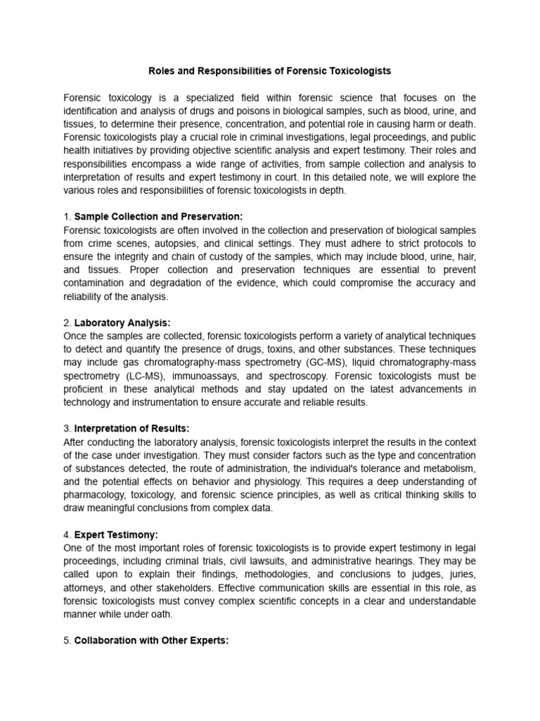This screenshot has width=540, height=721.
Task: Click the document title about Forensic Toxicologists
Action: tap(269, 71)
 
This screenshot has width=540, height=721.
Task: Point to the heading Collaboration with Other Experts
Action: tap(151, 641)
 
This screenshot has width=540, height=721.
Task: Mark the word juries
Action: tap(461, 574)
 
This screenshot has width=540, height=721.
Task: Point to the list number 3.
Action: tap(66, 428)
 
